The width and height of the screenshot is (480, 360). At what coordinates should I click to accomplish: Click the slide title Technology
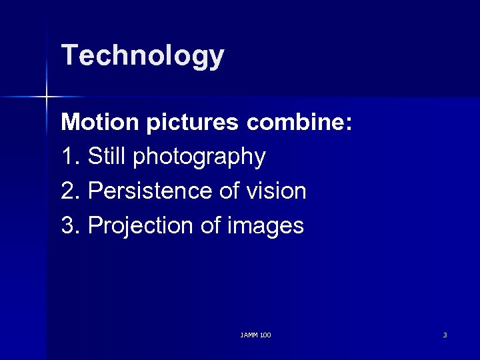tap(143, 56)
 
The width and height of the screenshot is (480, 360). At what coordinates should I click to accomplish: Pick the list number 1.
tap(68, 157)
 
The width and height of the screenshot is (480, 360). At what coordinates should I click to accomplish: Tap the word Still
tap(108, 157)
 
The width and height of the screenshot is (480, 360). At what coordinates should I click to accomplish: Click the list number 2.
tap(68, 192)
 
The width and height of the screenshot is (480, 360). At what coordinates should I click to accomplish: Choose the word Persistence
tap(150, 192)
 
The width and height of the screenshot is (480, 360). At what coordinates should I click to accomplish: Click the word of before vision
tap(229, 192)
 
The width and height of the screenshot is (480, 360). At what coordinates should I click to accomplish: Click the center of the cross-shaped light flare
tap(47, 97)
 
